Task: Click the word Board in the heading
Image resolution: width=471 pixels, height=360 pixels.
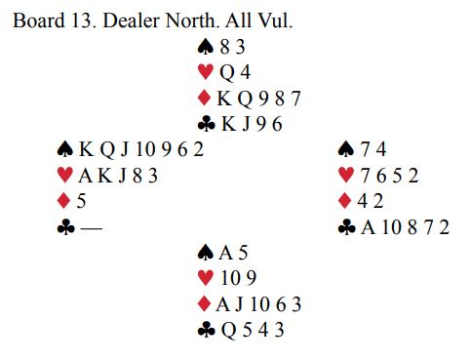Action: click(x=39, y=20)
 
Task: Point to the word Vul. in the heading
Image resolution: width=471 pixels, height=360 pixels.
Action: click(x=275, y=20)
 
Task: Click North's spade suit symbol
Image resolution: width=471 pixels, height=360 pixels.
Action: click(x=206, y=47)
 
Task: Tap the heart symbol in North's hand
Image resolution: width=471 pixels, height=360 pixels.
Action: click(x=206, y=72)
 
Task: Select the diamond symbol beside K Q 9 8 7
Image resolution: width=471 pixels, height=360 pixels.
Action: click(x=204, y=98)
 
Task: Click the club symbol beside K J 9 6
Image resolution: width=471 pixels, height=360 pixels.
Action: click(x=207, y=124)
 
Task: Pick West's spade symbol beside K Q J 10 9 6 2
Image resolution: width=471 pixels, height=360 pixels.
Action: click(x=65, y=149)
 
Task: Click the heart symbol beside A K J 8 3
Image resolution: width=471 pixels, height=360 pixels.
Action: click(x=65, y=175)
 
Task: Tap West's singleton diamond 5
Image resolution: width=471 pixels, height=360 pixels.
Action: click(x=81, y=201)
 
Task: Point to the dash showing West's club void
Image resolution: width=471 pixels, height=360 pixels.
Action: click(x=92, y=228)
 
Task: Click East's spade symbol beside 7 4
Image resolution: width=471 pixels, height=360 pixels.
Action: click(x=346, y=149)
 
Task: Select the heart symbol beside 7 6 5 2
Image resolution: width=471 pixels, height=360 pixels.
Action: click(x=346, y=175)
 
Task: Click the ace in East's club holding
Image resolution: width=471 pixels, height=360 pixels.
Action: click(x=369, y=227)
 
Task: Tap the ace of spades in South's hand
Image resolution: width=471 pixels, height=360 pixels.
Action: click(x=226, y=253)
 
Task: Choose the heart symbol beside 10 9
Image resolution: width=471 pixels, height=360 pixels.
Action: click(x=206, y=278)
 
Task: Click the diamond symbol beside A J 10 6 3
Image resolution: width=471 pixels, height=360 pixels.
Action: click(x=204, y=304)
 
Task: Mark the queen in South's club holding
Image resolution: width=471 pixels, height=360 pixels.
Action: click(x=229, y=331)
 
